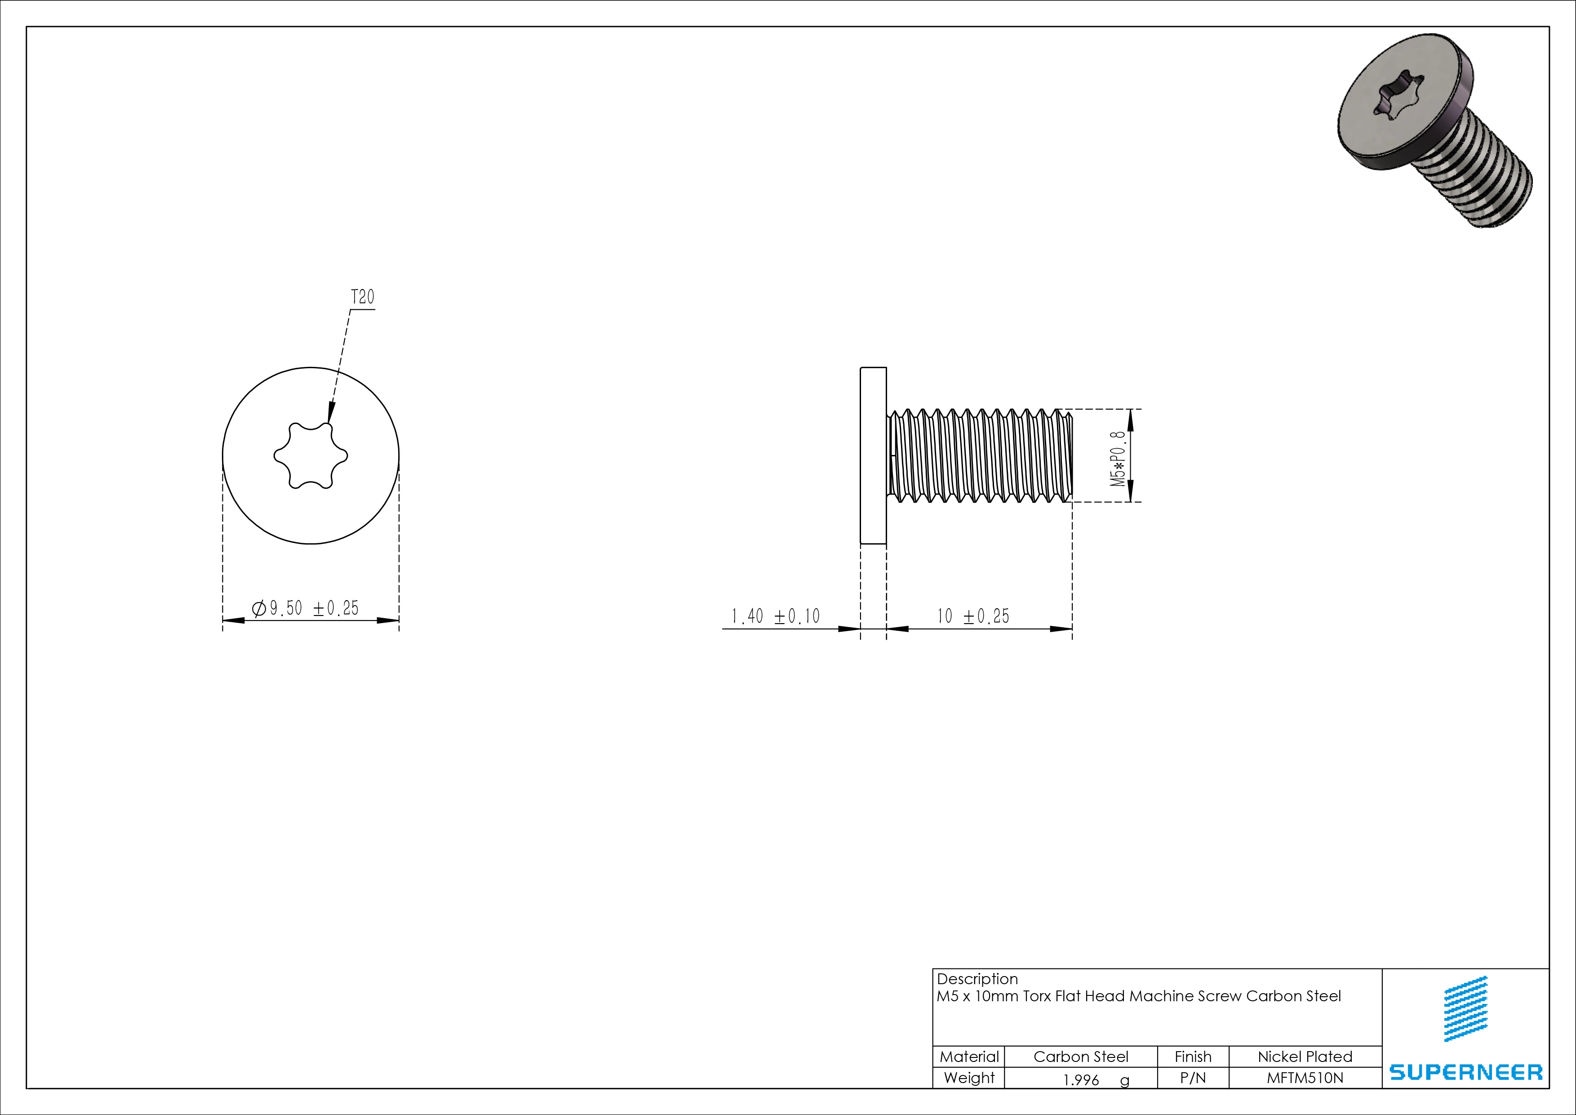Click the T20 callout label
click(362, 297)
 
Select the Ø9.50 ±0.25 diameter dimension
click(306, 608)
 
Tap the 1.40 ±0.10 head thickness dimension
click(775, 616)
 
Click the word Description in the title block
click(977, 979)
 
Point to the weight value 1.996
click(1081, 1080)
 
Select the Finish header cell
click(1193, 1057)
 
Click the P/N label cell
click(1193, 1078)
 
